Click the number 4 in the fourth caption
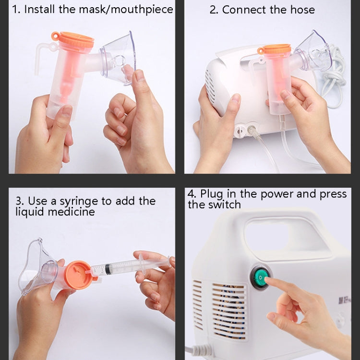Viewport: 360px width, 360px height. click(191, 194)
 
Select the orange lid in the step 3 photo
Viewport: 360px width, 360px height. click(77, 275)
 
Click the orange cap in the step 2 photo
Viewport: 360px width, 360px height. click(275, 49)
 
